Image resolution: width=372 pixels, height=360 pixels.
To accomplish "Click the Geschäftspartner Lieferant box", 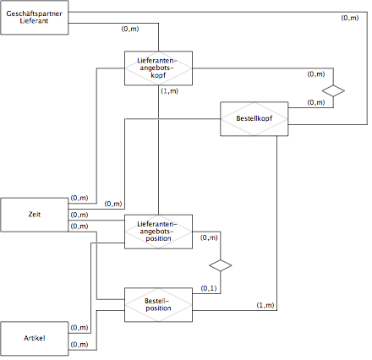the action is click(x=35, y=18).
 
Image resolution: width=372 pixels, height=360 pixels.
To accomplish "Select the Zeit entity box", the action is click(x=35, y=215).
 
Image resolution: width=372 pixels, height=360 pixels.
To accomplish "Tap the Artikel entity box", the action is click(x=35, y=339).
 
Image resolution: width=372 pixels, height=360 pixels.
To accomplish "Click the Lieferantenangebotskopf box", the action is click(x=158, y=68).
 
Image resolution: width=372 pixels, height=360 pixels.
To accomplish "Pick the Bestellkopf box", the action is click(x=254, y=119).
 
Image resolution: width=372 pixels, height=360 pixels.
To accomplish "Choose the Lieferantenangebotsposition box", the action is click(x=158, y=232).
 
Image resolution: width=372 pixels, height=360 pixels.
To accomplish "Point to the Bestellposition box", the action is click(x=158, y=305).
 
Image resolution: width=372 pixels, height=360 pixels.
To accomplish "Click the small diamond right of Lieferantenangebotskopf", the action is click(x=333, y=91).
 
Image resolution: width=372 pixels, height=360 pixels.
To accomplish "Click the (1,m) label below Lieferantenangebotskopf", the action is click(x=170, y=91).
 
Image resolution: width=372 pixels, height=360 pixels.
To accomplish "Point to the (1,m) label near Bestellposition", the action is click(x=265, y=305).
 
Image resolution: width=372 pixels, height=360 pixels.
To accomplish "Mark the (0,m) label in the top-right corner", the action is click(x=350, y=18).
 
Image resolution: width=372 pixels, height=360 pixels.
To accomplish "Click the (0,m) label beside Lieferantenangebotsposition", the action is click(x=209, y=237).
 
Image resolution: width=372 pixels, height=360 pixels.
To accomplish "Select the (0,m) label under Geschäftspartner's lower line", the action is click(x=130, y=29).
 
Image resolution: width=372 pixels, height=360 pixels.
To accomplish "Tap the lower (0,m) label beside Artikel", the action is click(x=79, y=344).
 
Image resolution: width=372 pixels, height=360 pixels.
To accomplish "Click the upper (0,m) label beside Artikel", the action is click(x=79, y=327).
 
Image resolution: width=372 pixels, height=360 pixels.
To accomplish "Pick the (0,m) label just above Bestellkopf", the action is click(x=316, y=102).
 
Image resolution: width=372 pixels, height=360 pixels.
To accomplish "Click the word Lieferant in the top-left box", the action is click(x=34, y=21).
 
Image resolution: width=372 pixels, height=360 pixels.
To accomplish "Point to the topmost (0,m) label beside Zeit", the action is click(x=79, y=198).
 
